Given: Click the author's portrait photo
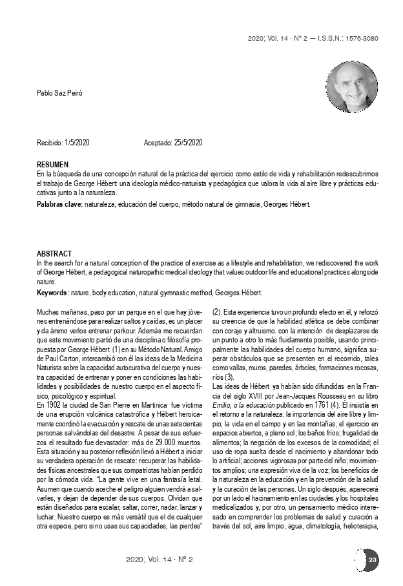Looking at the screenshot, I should tap(351, 87).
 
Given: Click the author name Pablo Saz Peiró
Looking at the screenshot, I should tap(59, 94).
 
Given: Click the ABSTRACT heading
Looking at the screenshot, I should tap(54, 254).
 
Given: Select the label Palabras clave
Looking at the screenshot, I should tap(59, 205).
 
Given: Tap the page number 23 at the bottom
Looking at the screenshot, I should tap(373, 559).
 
